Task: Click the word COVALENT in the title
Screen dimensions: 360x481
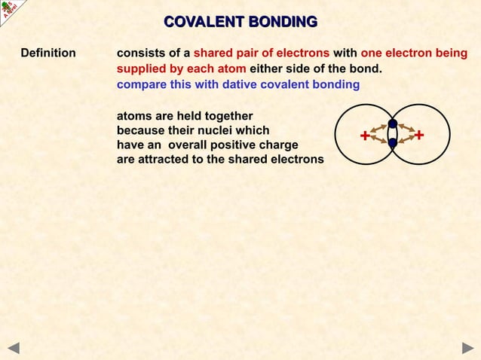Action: coord(201,21)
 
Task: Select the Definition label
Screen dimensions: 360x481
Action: coord(48,53)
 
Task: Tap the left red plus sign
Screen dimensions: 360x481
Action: coord(365,136)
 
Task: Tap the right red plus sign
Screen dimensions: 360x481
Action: coord(420,136)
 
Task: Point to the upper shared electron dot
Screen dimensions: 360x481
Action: coord(393,124)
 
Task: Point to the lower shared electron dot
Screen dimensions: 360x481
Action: coord(393,142)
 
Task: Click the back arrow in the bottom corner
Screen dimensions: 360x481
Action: coord(13,347)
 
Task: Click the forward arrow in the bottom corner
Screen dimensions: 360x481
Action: coord(467,347)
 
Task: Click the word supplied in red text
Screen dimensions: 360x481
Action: coord(141,69)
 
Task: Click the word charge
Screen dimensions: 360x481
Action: coord(279,145)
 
